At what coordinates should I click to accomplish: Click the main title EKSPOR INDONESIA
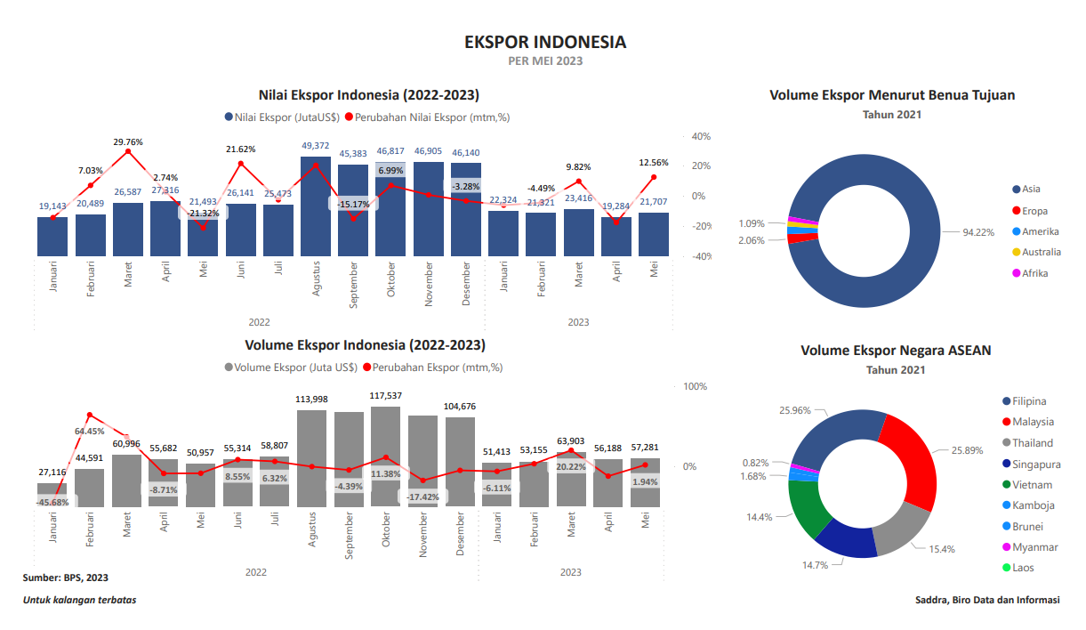coord(545,42)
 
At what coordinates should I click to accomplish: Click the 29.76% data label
coord(128,141)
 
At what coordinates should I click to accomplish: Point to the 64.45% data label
coord(89,432)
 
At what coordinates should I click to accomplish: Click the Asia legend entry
coord(1030,189)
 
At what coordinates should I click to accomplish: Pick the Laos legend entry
coord(1023,568)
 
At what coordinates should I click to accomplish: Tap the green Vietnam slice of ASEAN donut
coord(807,507)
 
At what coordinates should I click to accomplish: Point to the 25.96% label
coord(795,410)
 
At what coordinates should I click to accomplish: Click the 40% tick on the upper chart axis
coord(701,136)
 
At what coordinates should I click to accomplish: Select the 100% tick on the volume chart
coord(695,386)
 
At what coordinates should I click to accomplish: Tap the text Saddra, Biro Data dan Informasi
coord(987,600)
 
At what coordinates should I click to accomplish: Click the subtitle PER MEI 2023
coord(545,61)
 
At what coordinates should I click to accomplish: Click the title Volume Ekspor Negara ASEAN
coord(896,351)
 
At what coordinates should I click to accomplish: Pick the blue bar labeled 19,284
coord(616,237)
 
